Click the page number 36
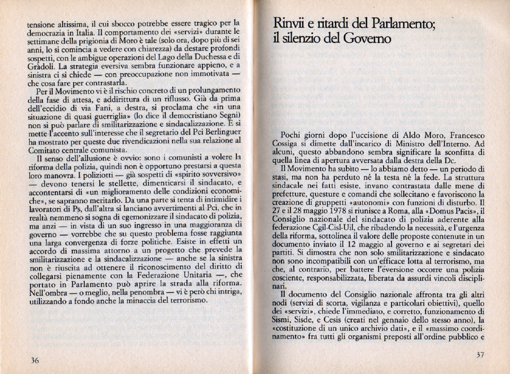35,360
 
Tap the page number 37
480,355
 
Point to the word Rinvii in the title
291,23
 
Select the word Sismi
283,320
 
